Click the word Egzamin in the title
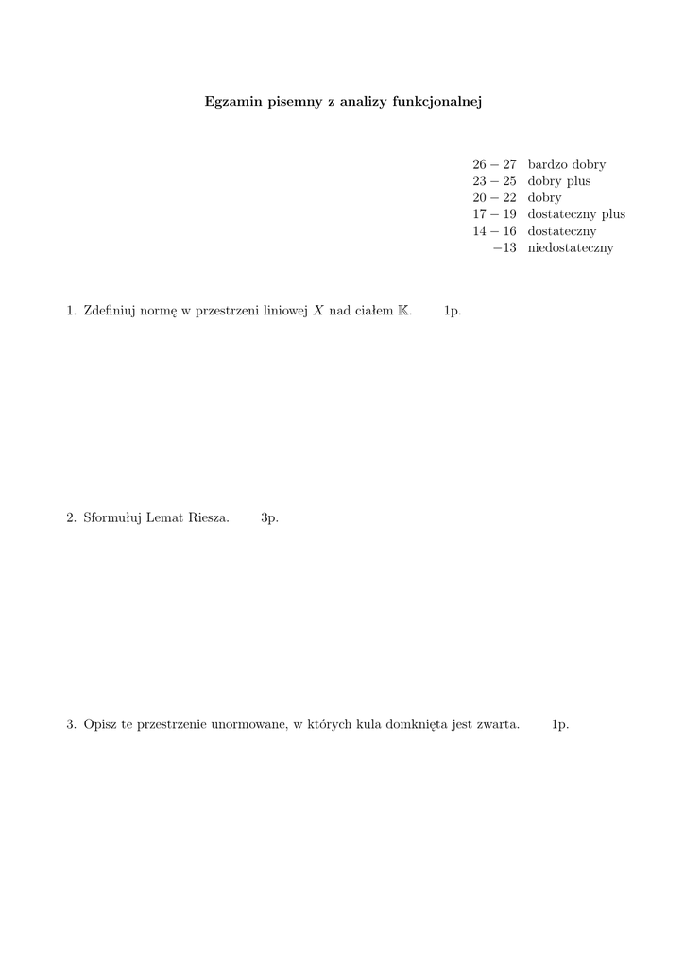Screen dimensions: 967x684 tap(230, 102)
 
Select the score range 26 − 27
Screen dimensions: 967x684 tap(494, 164)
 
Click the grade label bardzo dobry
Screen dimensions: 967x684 tap(567, 164)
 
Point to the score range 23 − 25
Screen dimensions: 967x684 tap(494, 181)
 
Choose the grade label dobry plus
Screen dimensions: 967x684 tap(559, 181)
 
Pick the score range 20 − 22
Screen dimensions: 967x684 tap(494, 198)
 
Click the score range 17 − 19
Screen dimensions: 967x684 tap(494, 214)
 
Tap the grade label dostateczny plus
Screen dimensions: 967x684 tap(576, 214)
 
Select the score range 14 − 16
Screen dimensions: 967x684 tap(494, 231)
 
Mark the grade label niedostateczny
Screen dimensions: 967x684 tap(571, 248)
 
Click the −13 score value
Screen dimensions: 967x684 tap(504, 248)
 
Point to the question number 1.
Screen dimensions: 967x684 tap(71, 311)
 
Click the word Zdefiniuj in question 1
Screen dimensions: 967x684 tap(109, 311)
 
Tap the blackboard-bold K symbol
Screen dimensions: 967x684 tap(404, 311)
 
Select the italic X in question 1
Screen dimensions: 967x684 tap(318, 311)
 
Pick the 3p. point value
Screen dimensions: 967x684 tap(269, 517)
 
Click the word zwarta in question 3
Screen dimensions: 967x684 tap(500, 724)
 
